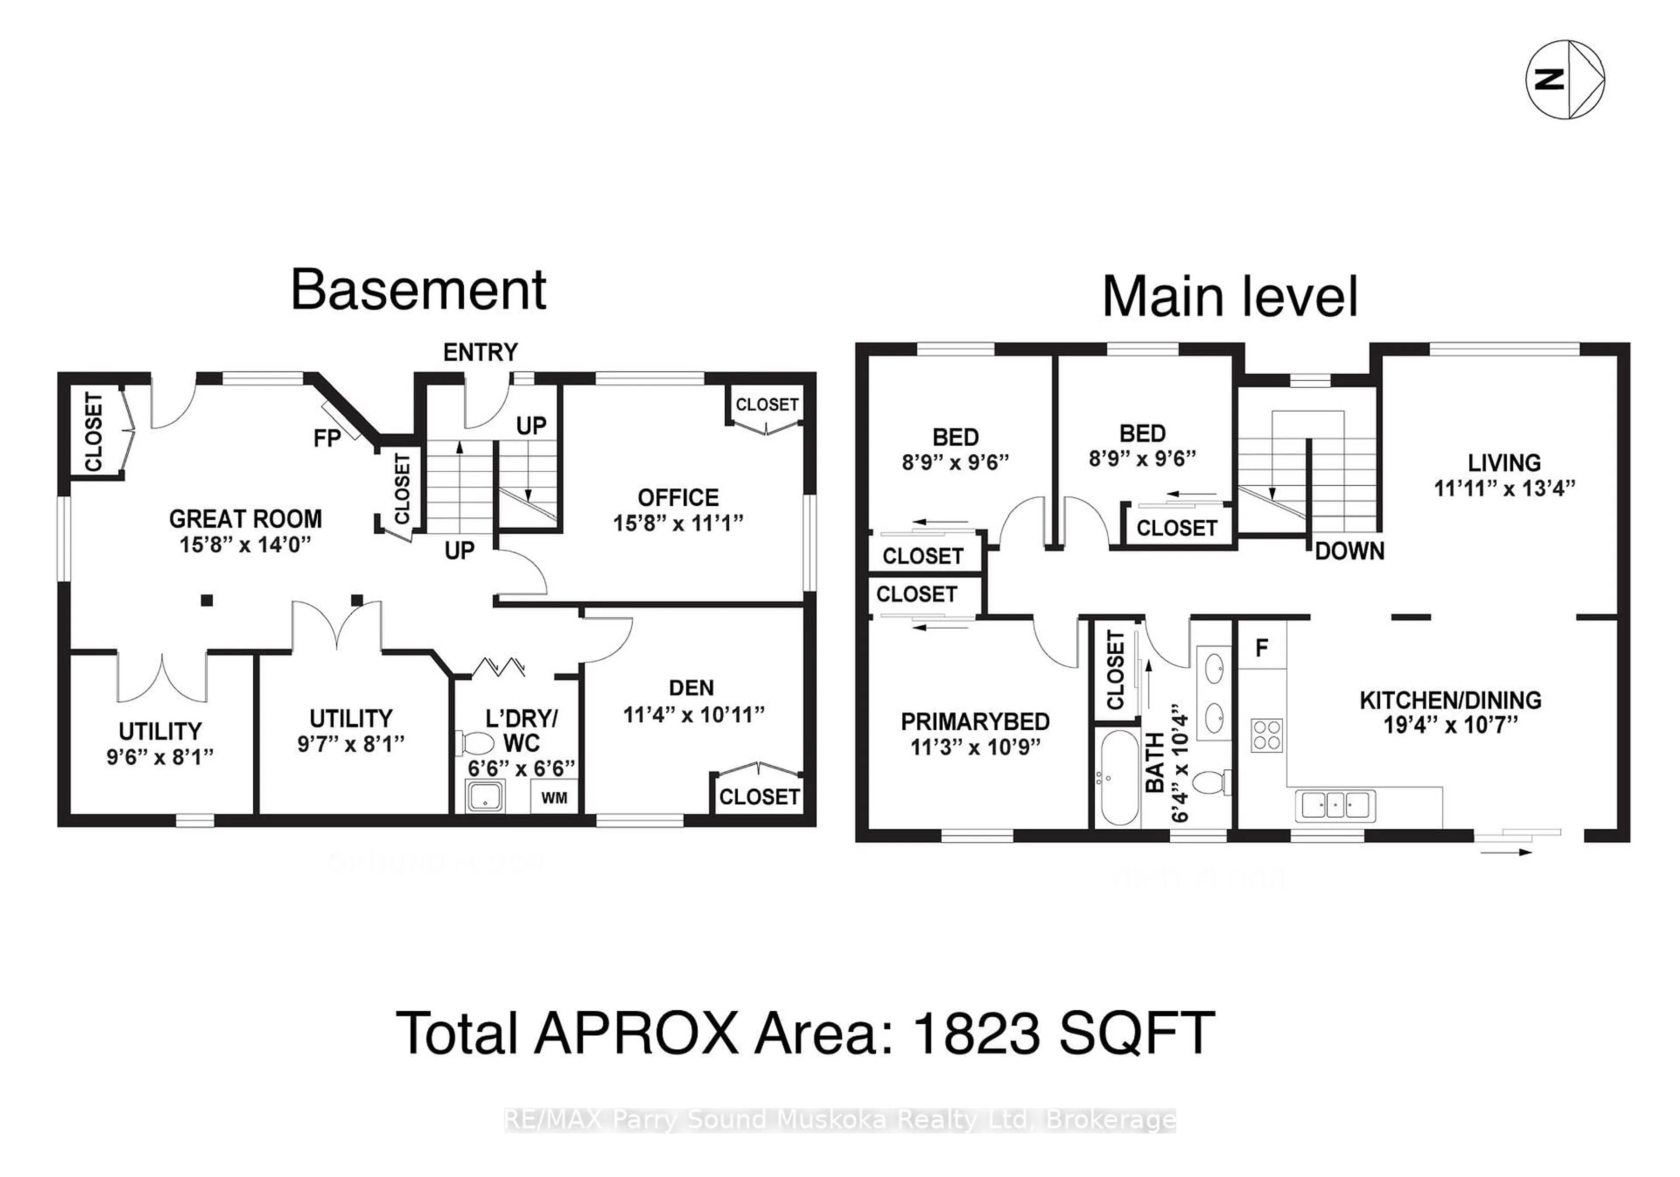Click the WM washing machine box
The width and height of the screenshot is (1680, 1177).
pyautogui.click(x=554, y=797)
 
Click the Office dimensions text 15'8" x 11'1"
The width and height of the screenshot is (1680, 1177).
pyautogui.click(x=678, y=522)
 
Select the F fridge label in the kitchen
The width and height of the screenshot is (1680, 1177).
pyautogui.click(x=1261, y=647)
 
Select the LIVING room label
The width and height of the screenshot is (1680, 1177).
pyautogui.click(x=1504, y=462)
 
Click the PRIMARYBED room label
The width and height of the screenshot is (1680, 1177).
pyautogui.click(x=975, y=722)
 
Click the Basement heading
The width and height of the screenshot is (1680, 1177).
pyautogui.click(x=419, y=290)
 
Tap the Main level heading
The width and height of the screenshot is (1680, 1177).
pyautogui.click(x=1229, y=297)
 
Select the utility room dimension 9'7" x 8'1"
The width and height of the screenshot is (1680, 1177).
pyautogui.click(x=350, y=744)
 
